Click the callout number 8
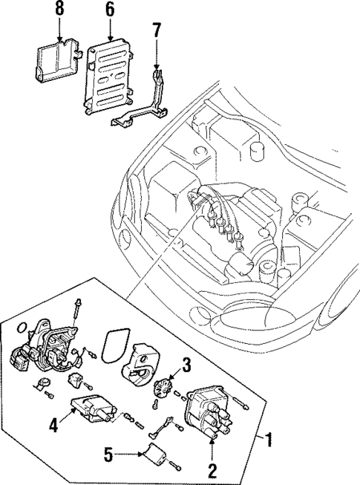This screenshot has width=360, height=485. click(x=59, y=9)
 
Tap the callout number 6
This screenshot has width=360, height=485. click(x=110, y=9)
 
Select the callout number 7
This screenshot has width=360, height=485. click(x=156, y=30)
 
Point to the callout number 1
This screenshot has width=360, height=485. click(x=269, y=440)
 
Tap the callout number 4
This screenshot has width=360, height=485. click(x=53, y=426)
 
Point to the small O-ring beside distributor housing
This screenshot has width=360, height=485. click(x=45, y=385)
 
